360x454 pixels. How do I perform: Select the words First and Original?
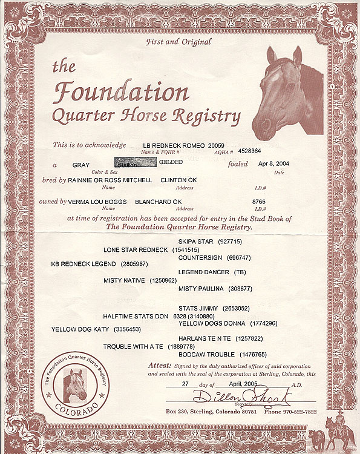tap(179, 42)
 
